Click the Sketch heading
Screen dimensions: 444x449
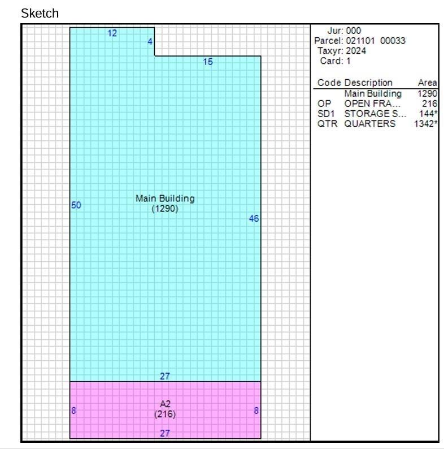point(40,14)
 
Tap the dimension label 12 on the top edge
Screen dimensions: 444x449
point(112,33)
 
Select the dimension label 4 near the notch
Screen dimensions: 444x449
point(150,42)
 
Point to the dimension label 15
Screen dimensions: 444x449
point(208,62)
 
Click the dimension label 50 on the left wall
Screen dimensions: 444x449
point(76,205)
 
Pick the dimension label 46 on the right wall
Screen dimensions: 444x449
point(254,218)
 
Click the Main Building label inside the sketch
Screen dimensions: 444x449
point(165,198)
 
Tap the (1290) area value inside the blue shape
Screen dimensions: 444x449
point(165,209)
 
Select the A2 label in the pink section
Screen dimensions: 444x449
point(165,404)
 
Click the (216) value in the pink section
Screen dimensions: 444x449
point(165,414)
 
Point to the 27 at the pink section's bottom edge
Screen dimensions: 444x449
point(165,433)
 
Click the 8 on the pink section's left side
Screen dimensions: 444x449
point(73,411)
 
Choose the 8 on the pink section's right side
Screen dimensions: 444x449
point(256,411)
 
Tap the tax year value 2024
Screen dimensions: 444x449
point(356,51)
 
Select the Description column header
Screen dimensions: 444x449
point(368,83)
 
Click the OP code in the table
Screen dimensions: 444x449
point(324,103)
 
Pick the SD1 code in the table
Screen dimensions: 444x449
point(326,114)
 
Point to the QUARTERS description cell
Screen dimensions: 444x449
point(370,124)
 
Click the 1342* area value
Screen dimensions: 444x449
point(426,124)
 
